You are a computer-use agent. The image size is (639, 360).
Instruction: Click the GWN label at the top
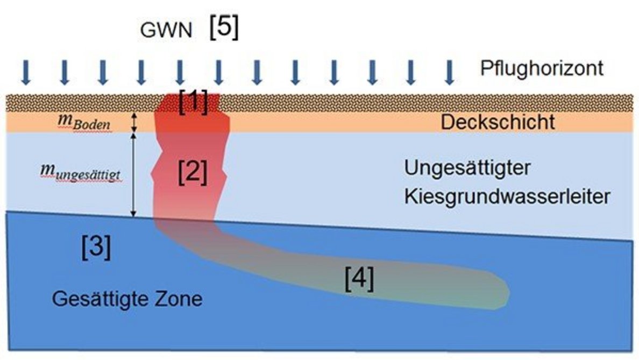[166, 31]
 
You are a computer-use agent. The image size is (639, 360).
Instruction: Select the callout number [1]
[194, 102]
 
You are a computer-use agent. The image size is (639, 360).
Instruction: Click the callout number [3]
[96, 248]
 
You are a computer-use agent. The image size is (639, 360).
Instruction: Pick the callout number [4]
[359, 279]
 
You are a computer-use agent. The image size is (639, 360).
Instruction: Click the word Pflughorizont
[542, 69]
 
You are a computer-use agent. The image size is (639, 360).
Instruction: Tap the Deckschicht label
[498, 122]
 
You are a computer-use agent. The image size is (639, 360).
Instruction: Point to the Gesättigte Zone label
[127, 298]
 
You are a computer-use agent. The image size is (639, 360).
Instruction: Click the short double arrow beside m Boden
[134, 122]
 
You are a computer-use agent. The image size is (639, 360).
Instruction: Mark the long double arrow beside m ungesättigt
[134, 175]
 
